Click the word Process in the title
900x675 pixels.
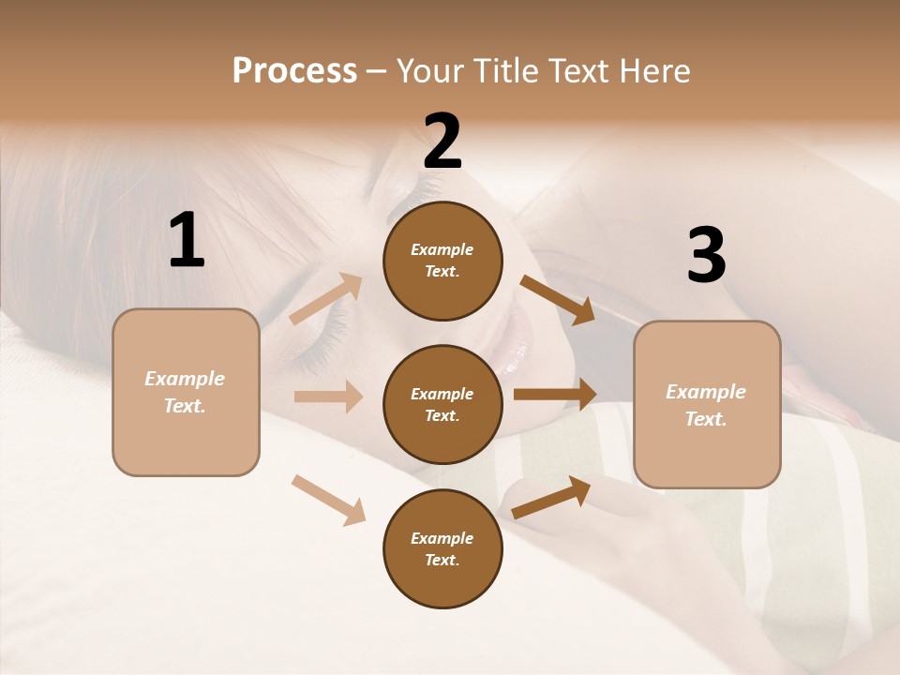(x=294, y=71)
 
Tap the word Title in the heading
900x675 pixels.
(x=504, y=71)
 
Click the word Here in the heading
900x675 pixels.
(x=652, y=71)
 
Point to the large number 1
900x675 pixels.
(x=187, y=240)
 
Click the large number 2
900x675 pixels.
(x=442, y=141)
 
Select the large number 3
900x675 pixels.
(x=706, y=256)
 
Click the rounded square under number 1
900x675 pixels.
(x=186, y=392)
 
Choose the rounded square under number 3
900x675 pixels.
(x=707, y=405)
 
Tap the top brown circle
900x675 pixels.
(x=442, y=261)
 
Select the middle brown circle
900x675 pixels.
(x=442, y=404)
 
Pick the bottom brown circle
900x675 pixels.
(x=442, y=548)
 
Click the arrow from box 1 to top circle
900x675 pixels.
(x=326, y=299)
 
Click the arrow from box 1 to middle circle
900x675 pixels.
(x=328, y=397)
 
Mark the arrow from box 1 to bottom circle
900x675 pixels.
(x=328, y=500)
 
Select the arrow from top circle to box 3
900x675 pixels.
(x=557, y=300)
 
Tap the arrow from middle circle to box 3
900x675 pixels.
(x=555, y=395)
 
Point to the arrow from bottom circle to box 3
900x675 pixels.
(x=551, y=498)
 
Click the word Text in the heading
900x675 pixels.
(x=578, y=71)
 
